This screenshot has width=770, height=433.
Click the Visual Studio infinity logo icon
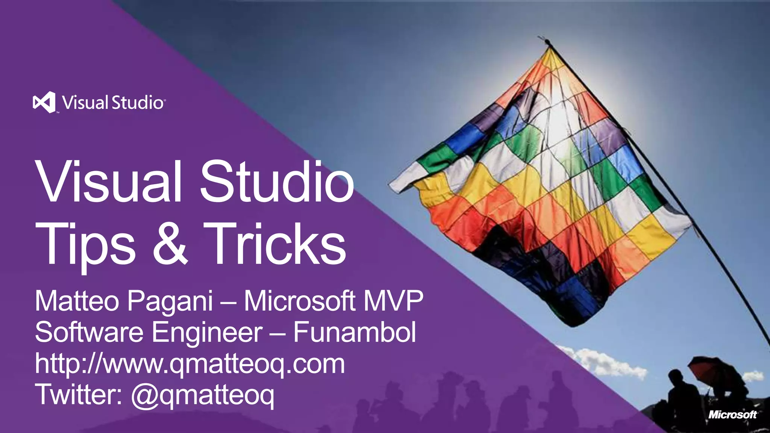[44, 102]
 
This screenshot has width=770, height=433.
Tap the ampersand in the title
[170, 244]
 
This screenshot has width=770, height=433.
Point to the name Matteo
[77, 301]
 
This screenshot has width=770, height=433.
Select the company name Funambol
[355, 332]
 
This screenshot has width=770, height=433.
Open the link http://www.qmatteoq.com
[190, 364]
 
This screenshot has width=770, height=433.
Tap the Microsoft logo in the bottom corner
[732, 415]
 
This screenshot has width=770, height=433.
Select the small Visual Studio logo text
[113, 103]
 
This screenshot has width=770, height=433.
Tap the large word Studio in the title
[277, 182]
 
